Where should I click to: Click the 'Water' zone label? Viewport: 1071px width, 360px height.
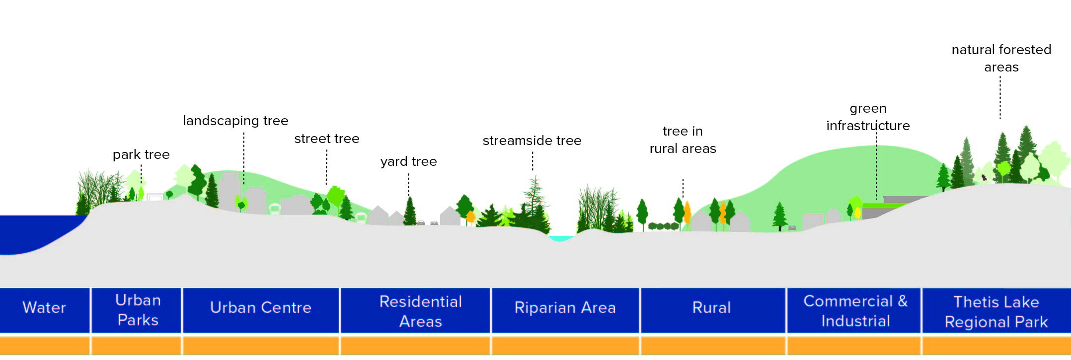click(x=44, y=308)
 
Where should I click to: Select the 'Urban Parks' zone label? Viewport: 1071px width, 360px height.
click(x=138, y=310)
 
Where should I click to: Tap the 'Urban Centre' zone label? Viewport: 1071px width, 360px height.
click(x=261, y=308)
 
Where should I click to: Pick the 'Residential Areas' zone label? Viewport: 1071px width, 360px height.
click(x=420, y=311)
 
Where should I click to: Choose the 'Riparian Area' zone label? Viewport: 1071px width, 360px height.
click(x=565, y=308)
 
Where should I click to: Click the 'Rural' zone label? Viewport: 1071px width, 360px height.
click(x=711, y=308)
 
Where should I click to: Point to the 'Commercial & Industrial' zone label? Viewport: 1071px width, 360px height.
click(x=855, y=311)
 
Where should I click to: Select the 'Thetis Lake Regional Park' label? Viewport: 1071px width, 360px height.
click(x=996, y=312)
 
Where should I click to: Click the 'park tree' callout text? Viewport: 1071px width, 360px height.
click(x=141, y=155)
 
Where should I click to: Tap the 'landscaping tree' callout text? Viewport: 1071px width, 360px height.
click(x=235, y=121)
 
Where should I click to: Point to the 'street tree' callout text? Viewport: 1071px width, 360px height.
click(x=326, y=139)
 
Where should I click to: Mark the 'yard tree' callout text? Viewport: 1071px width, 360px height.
click(x=408, y=162)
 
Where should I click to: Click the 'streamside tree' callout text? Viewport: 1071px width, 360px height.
click(x=532, y=141)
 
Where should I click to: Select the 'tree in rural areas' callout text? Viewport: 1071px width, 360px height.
click(x=683, y=140)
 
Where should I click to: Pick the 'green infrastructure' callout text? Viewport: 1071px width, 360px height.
click(x=868, y=117)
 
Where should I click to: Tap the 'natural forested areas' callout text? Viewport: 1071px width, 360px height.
click(x=1001, y=59)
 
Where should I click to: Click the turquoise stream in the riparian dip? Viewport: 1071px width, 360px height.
click(x=560, y=238)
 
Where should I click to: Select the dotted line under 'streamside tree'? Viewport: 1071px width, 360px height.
click(x=533, y=161)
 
